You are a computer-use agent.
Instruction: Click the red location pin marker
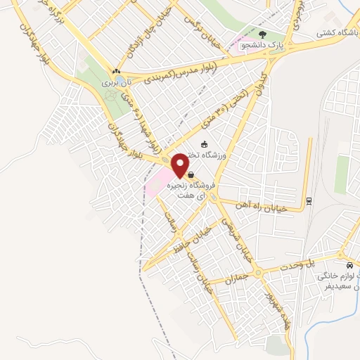pyautogui.click(x=181, y=165)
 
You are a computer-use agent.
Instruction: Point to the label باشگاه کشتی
pyautogui.click(x=333, y=32)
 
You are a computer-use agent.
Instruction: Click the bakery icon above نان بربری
pyautogui.click(x=116, y=71)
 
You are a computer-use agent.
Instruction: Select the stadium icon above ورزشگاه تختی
pyautogui.click(x=205, y=145)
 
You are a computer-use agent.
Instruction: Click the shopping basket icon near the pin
pyautogui.click(x=191, y=175)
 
